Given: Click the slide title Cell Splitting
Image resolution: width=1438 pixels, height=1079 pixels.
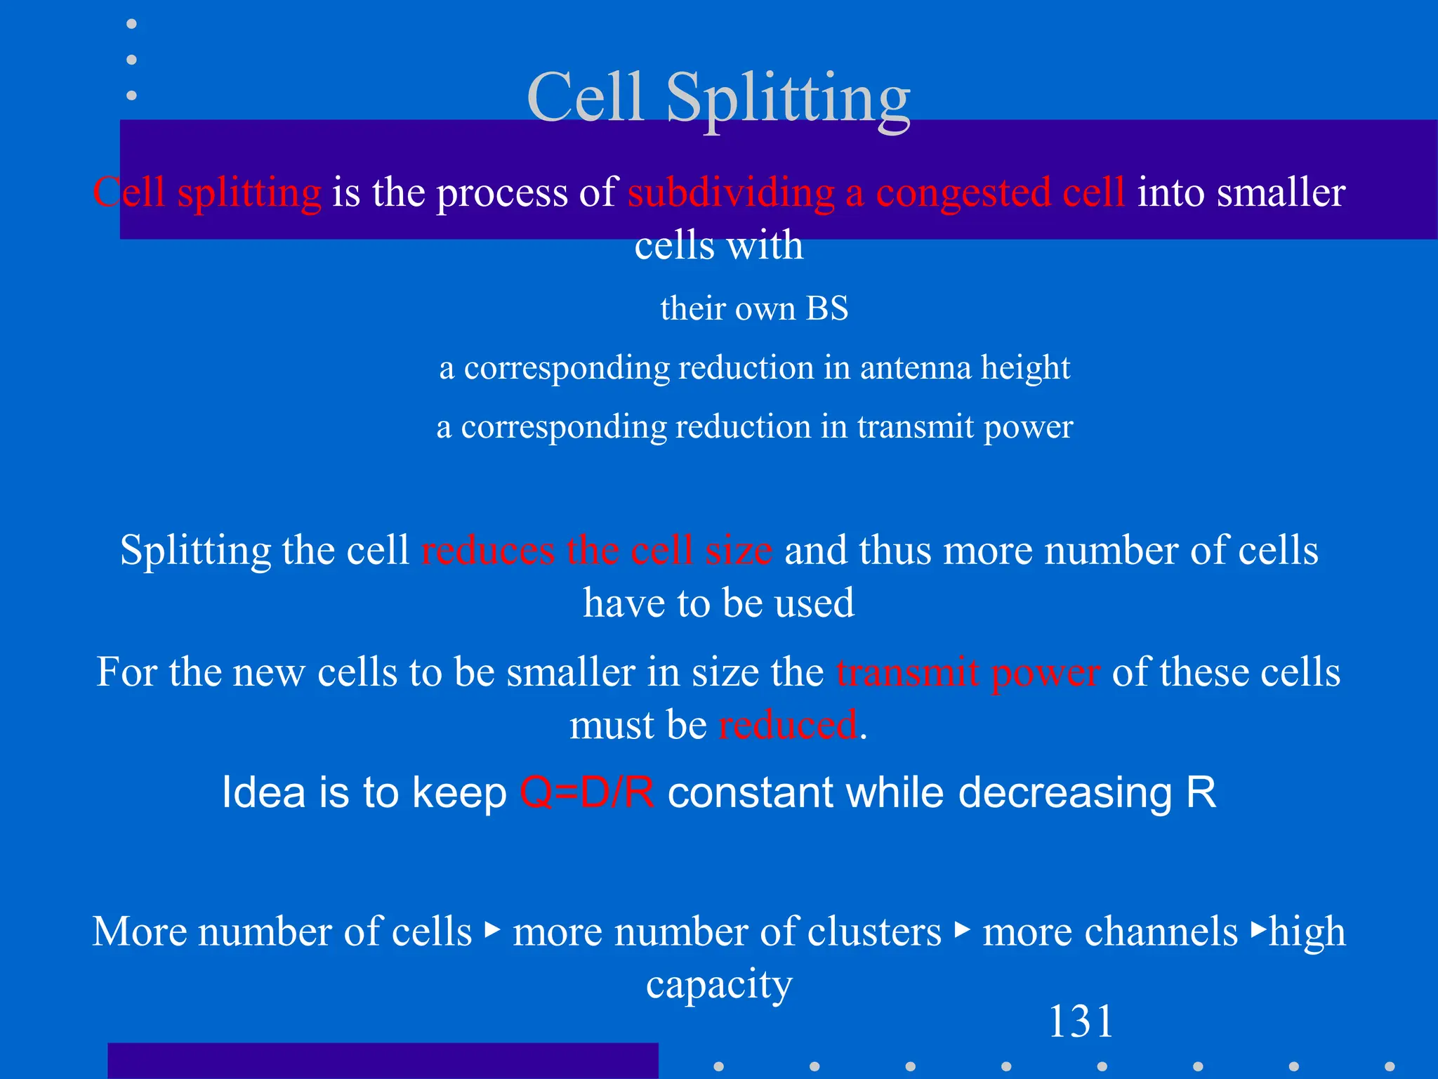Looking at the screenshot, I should coord(718,98).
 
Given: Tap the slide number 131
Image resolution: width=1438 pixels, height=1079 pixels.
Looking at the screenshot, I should coord(1081,1021).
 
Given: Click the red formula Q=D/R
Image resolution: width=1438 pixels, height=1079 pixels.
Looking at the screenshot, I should coord(587,792).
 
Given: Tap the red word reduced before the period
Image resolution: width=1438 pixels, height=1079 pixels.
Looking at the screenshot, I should coord(788,724).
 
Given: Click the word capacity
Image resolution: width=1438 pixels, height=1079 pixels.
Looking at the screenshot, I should coord(719,983).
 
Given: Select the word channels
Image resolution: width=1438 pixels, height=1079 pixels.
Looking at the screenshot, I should coord(1109,931).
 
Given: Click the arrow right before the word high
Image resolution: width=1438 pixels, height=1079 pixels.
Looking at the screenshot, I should coord(1259,930).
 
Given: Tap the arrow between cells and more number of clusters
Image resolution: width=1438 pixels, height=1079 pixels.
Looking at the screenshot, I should coord(493,930).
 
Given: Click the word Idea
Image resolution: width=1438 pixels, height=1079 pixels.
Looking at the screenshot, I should coord(264,792).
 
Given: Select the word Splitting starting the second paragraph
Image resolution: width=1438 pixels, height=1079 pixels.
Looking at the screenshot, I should coord(194,549).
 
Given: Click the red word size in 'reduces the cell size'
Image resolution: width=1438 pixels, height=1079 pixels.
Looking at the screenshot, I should coord(739,549).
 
